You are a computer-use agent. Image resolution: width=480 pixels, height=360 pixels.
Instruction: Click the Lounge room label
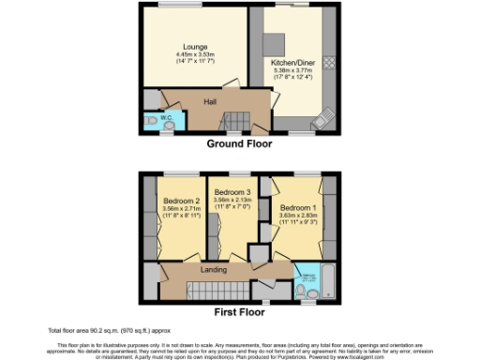195,48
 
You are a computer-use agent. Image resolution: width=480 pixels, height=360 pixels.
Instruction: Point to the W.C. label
167,117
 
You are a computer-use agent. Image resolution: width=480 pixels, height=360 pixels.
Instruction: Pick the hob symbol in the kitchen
329,62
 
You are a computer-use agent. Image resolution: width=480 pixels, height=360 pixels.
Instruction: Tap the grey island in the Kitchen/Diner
274,44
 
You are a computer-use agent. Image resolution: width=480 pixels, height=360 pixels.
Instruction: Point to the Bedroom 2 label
182,202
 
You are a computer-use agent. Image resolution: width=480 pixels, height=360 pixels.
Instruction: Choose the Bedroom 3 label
231,192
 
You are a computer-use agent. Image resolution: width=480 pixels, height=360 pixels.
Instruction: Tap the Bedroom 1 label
297,206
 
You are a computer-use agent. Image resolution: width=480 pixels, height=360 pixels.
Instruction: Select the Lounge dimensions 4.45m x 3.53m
195,55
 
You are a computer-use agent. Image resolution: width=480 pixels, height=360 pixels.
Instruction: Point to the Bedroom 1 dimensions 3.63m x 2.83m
297,215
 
